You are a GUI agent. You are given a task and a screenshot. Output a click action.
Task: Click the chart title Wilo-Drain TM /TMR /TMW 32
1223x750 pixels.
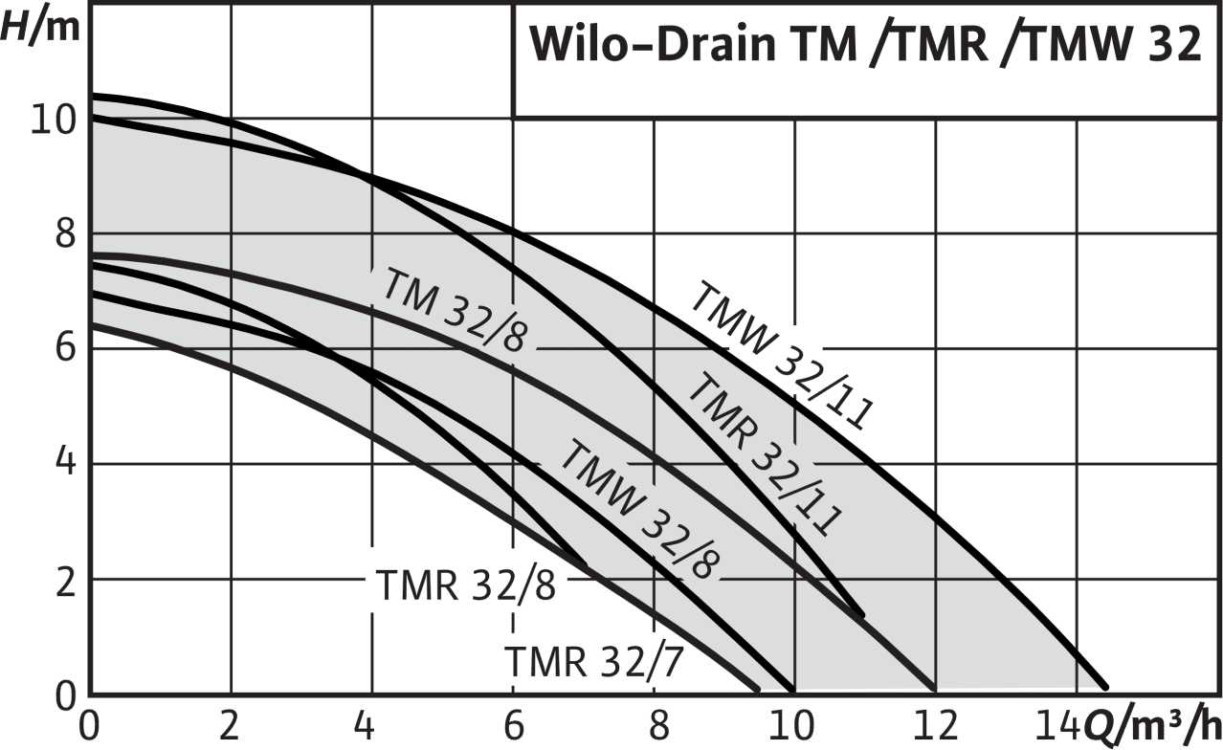(x=866, y=45)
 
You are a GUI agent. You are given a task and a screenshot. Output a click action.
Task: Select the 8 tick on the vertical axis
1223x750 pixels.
(x=63, y=234)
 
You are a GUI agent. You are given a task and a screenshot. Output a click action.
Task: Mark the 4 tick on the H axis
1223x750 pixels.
(x=63, y=464)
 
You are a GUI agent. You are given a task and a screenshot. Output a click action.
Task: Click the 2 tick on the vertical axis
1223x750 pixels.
(x=63, y=580)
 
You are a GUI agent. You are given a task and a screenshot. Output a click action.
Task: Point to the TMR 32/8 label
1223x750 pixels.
(x=466, y=585)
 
